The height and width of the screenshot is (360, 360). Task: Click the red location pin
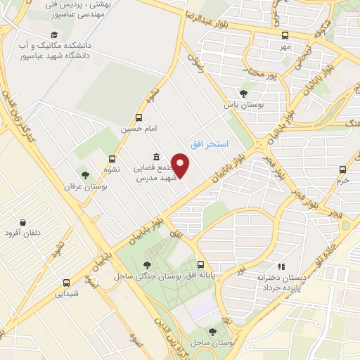[x=181, y=165]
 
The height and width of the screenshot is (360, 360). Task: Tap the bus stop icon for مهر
[x=285, y=35]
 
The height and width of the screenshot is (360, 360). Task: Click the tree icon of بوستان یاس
[x=243, y=93]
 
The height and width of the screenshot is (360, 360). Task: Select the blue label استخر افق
[x=208, y=143]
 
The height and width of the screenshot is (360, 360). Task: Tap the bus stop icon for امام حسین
[x=139, y=117]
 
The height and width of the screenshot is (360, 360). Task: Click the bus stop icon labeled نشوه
[x=112, y=159]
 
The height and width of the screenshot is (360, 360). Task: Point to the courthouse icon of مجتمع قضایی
[x=156, y=157]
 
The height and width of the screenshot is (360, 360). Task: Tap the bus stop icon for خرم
[x=342, y=169]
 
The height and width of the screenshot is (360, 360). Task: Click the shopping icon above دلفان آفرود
[x=24, y=222]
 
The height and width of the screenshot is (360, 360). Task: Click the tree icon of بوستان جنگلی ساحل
[x=146, y=265]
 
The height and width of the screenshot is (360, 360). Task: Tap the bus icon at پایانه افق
[x=201, y=265]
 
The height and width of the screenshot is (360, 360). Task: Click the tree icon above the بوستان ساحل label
[x=212, y=330]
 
